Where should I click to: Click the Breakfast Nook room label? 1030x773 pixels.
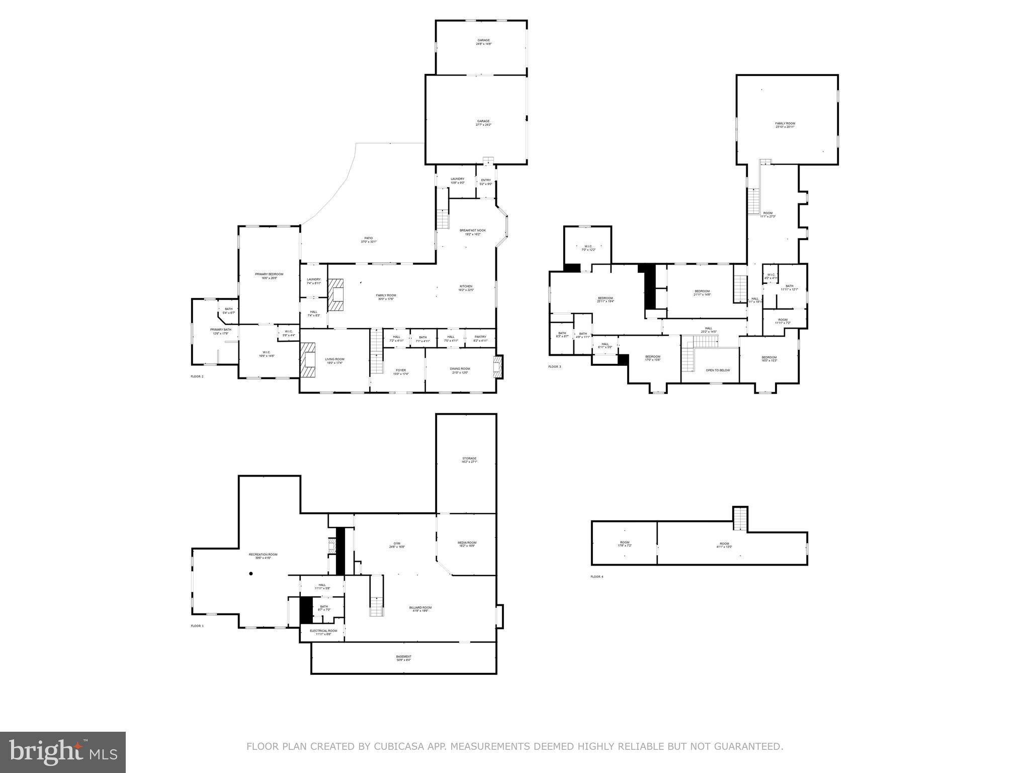tap(472, 232)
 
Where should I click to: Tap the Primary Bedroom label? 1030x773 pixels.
tap(269, 276)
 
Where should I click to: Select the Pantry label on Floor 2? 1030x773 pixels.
tap(480, 339)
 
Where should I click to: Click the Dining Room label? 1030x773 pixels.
tap(460, 370)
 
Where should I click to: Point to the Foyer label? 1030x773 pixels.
tap(400, 372)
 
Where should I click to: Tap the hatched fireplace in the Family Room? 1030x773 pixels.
tap(335, 296)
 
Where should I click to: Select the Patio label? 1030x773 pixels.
tap(368, 240)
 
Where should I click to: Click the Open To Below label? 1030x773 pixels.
tap(717, 370)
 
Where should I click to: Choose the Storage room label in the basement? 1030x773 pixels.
tap(469, 460)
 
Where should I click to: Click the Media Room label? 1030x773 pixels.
tap(466, 544)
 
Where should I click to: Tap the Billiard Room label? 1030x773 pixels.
tap(420, 609)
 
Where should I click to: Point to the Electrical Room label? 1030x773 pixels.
tap(323, 632)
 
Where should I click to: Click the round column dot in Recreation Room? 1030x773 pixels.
tap(251, 574)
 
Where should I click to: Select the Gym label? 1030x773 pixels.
tap(396, 545)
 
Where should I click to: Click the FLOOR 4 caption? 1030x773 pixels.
tap(596, 577)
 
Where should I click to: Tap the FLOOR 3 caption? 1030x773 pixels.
tap(554, 366)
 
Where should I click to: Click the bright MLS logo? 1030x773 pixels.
tap(63, 752)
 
